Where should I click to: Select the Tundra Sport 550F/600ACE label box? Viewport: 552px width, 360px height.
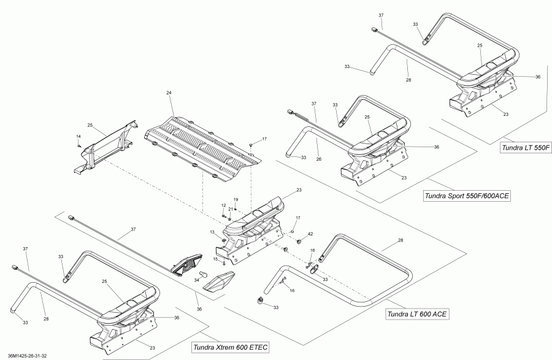click(x=467, y=196)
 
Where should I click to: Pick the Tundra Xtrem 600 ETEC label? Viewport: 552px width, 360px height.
click(x=230, y=347)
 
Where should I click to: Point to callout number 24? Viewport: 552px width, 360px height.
click(x=168, y=93)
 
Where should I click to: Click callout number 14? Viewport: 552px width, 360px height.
click(x=78, y=136)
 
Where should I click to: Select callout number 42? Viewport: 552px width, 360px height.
click(x=310, y=234)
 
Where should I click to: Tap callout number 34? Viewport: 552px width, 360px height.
click(x=196, y=280)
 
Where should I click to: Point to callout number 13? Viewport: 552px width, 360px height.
click(x=212, y=232)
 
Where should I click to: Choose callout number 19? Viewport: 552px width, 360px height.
click(x=235, y=200)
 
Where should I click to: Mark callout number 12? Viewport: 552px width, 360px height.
click(x=223, y=205)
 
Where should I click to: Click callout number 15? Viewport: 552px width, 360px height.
click(x=215, y=259)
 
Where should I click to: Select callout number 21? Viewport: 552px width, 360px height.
click(x=230, y=209)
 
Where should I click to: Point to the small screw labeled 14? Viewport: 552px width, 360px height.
click(x=80, y=145)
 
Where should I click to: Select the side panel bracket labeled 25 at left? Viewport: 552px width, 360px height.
click(x=107, y=147)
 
